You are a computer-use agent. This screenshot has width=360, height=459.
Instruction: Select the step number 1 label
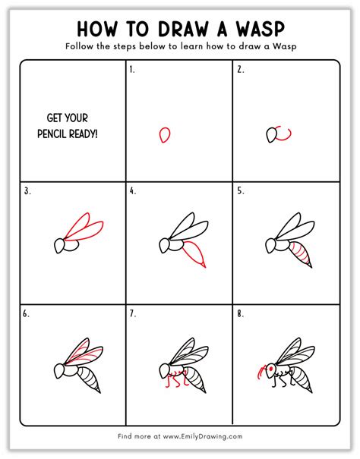132,69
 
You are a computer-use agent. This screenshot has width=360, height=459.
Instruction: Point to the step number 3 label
27,191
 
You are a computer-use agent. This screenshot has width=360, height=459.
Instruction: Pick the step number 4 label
133,191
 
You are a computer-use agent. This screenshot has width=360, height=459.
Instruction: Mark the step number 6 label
27,313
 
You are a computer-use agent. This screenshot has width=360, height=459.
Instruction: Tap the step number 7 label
133,313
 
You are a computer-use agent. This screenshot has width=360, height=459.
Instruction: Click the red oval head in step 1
163,135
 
